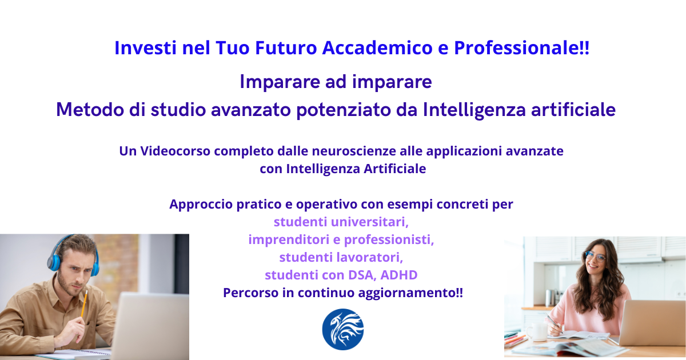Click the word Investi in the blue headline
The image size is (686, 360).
click(145, 48)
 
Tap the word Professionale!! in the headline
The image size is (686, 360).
click(521, 49)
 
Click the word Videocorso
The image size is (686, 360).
click(175, 151)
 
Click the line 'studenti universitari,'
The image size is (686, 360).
click(341, 222)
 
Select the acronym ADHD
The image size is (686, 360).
click(399, 275)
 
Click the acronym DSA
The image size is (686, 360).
click(362, 275)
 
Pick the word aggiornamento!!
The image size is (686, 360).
click(410, 293)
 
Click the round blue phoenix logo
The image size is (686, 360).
click(343, 329)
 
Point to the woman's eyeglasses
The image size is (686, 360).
click(595, 256)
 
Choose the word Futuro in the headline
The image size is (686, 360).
click(286, 48)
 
